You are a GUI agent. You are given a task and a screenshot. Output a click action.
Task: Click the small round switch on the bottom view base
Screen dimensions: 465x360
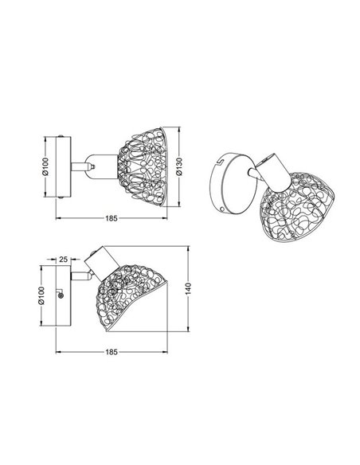pyautogui.click(x=61, y=295)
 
